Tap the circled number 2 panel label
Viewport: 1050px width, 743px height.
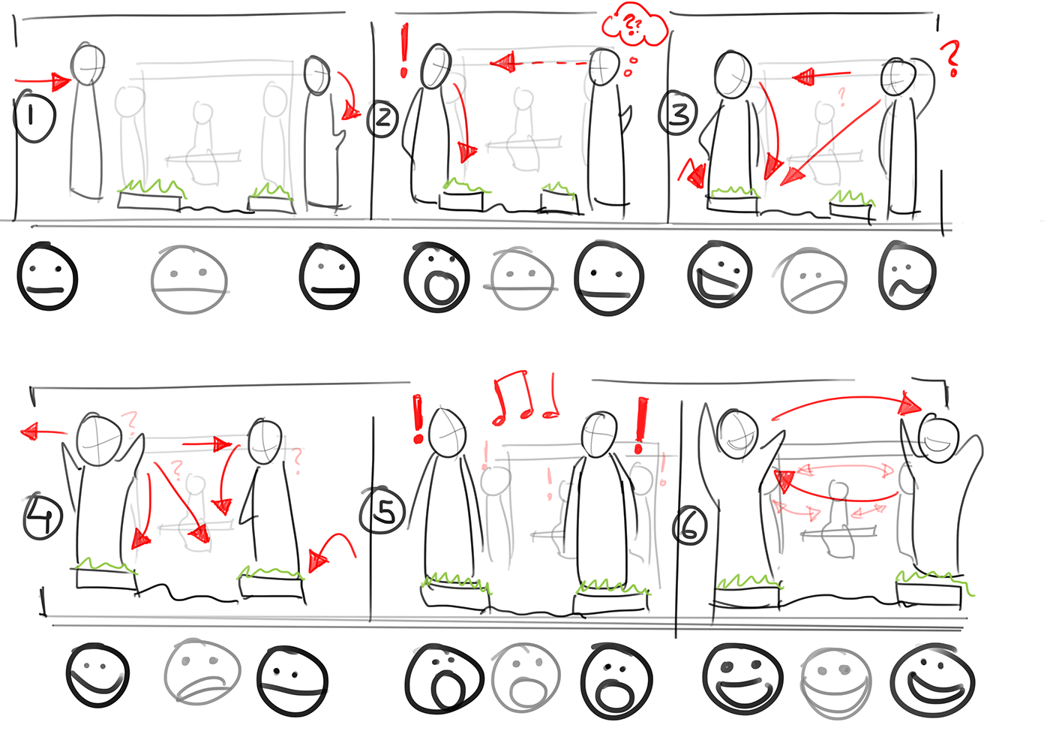point(382,119)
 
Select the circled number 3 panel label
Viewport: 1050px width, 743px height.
point(678,113)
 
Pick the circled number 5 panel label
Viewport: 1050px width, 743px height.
point(382,511)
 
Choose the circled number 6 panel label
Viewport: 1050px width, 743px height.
point(689,526)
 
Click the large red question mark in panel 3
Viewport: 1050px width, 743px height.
point(952,59)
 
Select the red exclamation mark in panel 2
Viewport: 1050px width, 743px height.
point(404,51)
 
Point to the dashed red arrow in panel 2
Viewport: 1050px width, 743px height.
point(539,62)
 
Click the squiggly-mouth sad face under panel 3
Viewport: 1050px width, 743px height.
point(907,276)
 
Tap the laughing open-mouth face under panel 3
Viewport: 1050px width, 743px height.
point(719,275)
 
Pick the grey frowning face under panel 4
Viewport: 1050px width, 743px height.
point(202,672)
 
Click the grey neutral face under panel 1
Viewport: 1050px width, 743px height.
point(189,279)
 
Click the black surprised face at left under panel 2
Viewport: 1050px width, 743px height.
point(436,277)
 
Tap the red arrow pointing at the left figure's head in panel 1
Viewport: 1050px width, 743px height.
point(43,82)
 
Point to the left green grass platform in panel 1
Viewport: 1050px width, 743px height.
point(151,195)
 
